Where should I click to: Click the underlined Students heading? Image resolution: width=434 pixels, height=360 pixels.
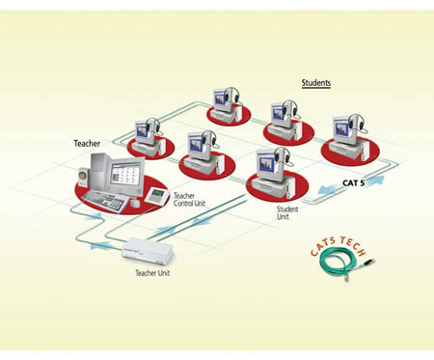point(316,83)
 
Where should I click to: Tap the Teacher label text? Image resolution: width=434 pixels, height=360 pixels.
point(87,144)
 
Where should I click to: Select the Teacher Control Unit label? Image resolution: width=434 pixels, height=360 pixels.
point(189,200)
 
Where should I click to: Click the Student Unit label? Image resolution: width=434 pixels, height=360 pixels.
point(287,213)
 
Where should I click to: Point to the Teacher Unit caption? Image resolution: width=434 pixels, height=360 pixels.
point(152,273)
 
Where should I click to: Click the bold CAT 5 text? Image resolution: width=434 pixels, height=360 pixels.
point(353,183)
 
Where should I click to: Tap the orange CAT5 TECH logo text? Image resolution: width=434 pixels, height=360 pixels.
point(339,245)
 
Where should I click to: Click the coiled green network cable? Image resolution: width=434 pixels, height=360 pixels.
point(345,264)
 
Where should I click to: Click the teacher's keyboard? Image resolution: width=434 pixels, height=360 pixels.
point(105,201)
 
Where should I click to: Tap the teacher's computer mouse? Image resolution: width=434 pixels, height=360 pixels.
point(135,204)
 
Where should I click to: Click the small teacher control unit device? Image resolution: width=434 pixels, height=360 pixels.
point(156,195)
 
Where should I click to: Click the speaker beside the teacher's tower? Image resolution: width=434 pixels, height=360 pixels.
point(83,177)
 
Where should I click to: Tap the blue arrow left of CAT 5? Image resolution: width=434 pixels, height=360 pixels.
point(328,189)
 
